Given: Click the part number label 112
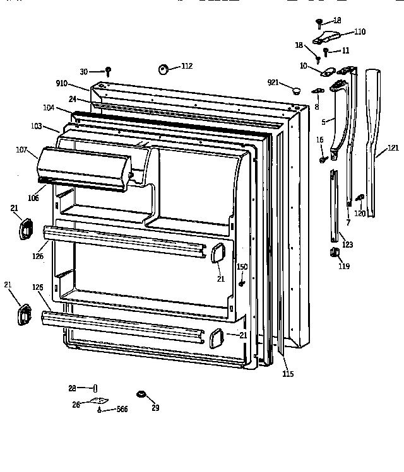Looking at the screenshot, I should (x=187, y=66).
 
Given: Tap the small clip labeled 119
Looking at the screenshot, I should (x=335, y=253).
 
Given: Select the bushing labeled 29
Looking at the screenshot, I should (x=142, y=394).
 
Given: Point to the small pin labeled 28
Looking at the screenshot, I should (x=95, y=388).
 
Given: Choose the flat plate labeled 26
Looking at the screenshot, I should (x=98, y=400).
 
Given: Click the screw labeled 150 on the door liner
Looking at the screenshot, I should (x=242, y=283).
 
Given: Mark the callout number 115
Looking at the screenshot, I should (x=287, y=374).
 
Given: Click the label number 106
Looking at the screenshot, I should (x=33, y=198).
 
